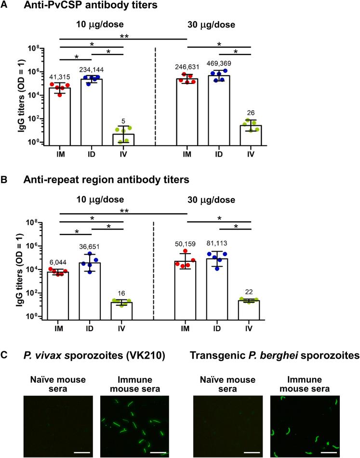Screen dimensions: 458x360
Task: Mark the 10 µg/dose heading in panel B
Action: click(90, 199)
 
